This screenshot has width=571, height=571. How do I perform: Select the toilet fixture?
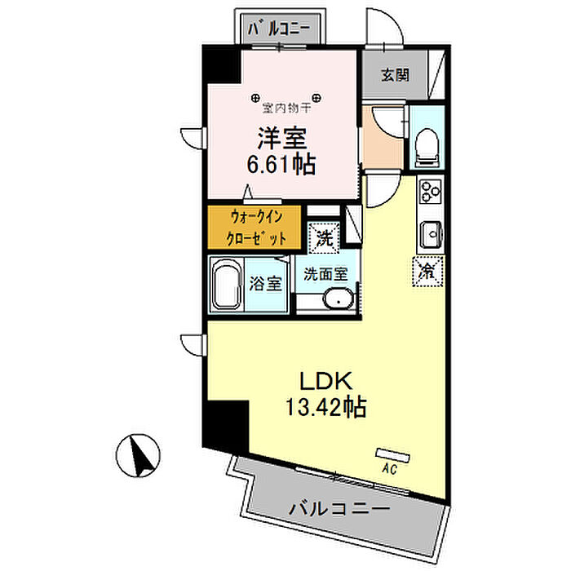point(425,148)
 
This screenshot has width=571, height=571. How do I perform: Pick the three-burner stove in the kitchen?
point(429,193)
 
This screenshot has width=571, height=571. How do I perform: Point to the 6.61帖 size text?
point(281,162)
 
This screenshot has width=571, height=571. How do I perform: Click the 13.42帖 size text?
point(325,405)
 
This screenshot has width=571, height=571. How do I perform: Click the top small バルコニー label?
point(279,28)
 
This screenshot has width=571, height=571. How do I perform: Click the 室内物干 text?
point(285,106)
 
